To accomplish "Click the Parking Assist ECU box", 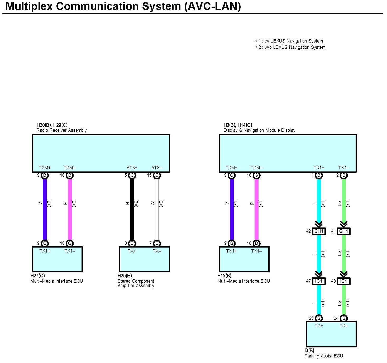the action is pos(331,334).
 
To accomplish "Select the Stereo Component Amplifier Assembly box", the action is pos(144,259).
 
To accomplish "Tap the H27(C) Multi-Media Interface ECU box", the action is pos(57,259).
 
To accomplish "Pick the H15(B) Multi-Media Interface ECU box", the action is pos(244,259).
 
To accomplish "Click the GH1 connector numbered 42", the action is pos(319,231).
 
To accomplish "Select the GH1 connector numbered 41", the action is pos(343,231).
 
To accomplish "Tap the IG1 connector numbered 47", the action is pos(319,281).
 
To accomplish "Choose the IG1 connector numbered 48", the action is pos(343,281).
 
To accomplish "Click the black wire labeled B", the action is pos(132,209).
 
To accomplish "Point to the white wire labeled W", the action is pos(157,209).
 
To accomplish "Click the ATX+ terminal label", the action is pos(132,168).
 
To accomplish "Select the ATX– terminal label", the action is pos(157,168).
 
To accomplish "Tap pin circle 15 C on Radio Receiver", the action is pos(157,175).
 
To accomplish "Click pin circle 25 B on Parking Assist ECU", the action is pos(319,318).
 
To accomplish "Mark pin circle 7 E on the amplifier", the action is pos(157,243).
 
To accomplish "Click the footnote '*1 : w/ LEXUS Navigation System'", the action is pos(289,41).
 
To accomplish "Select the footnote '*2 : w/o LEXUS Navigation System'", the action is pos(290,47).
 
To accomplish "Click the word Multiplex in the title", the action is pos(29,6).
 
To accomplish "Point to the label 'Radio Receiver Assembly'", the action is pos(61,130).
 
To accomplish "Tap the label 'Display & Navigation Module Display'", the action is pos(259,130).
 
